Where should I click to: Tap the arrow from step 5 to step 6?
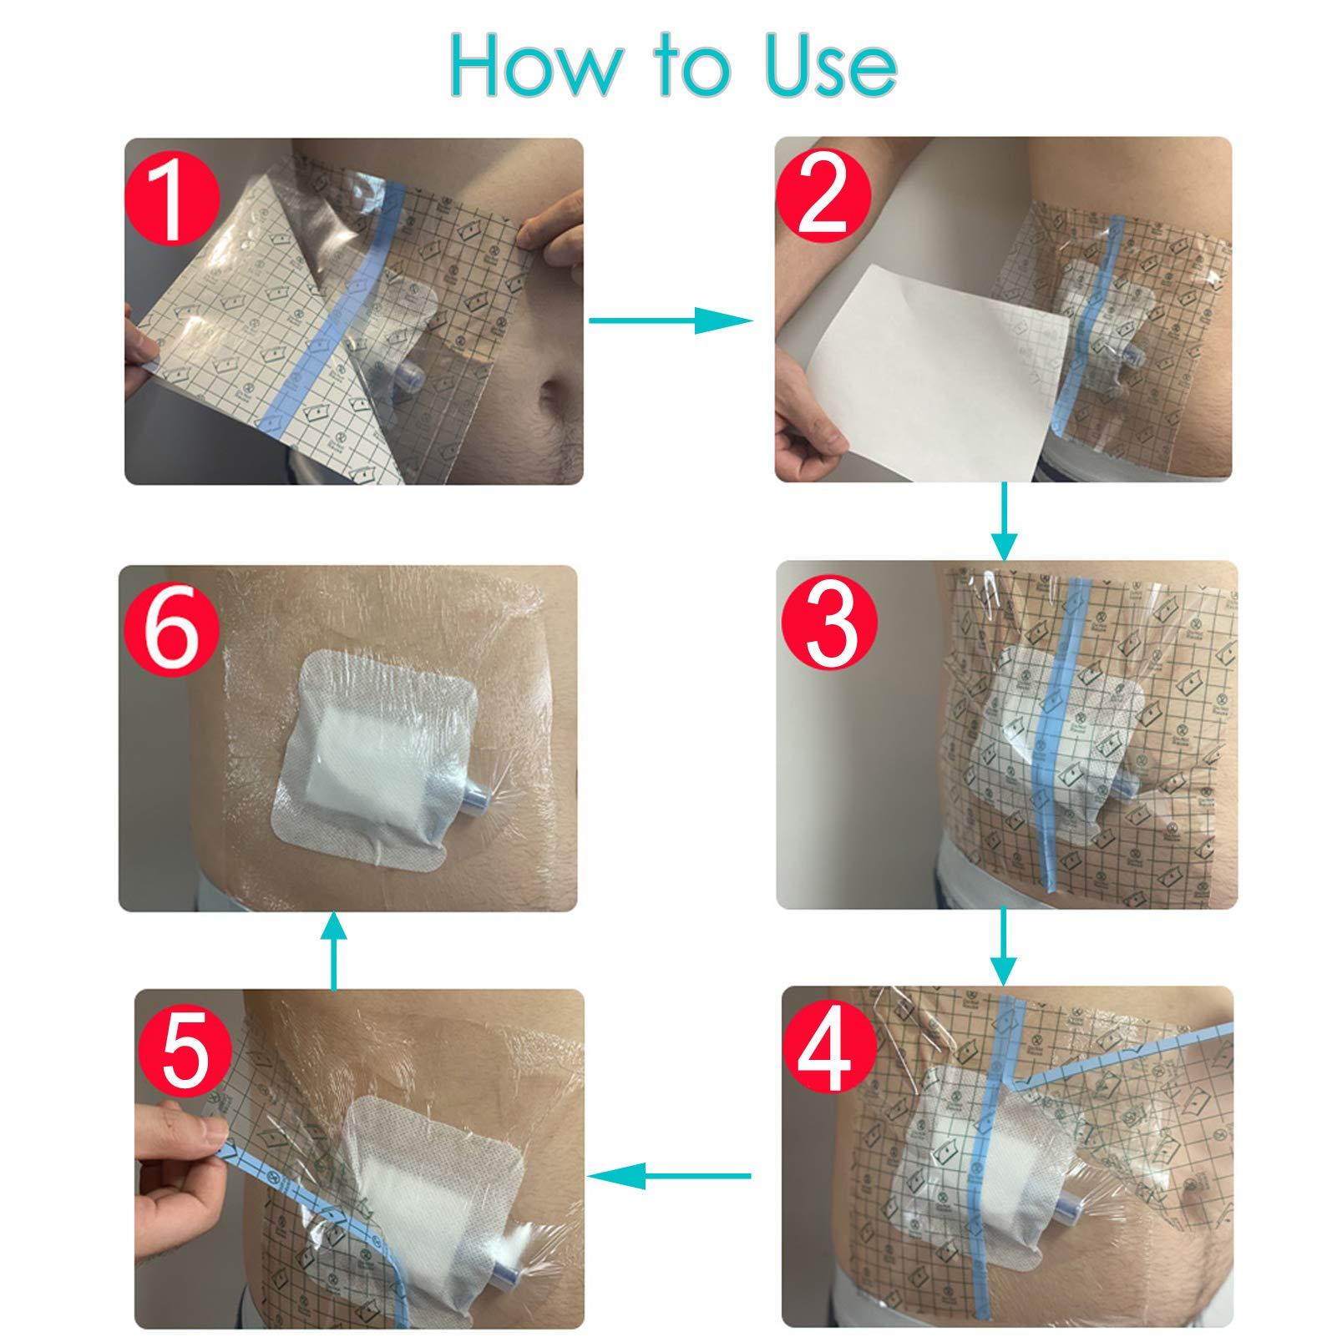[334, 948]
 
